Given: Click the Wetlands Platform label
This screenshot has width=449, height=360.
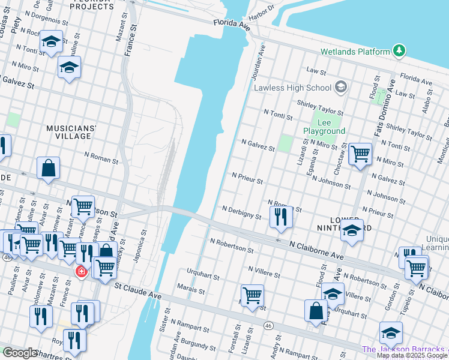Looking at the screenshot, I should coord(355,52).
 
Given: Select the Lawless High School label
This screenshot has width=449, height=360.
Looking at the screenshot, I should coord(292,88).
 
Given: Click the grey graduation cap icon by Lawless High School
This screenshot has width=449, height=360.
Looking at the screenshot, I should coord(341,88).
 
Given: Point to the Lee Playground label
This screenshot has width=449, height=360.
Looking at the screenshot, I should coord(324,127).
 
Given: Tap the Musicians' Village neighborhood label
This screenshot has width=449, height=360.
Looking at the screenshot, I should coord(71,132).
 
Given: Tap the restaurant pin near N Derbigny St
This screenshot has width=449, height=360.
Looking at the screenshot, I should coord(281,217).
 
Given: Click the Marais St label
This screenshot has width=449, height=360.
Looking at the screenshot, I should coord(191,291).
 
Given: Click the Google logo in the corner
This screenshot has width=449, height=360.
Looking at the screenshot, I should coord(20,353).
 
